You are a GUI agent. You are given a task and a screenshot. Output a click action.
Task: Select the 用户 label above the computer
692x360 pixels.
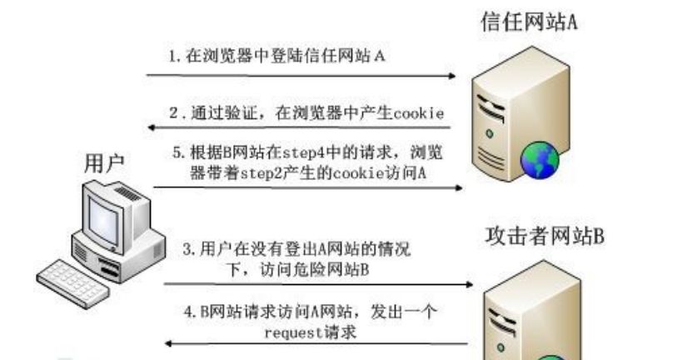(x=106, y=163)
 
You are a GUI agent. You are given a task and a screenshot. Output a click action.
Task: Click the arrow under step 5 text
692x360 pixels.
(x=308, y=188)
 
